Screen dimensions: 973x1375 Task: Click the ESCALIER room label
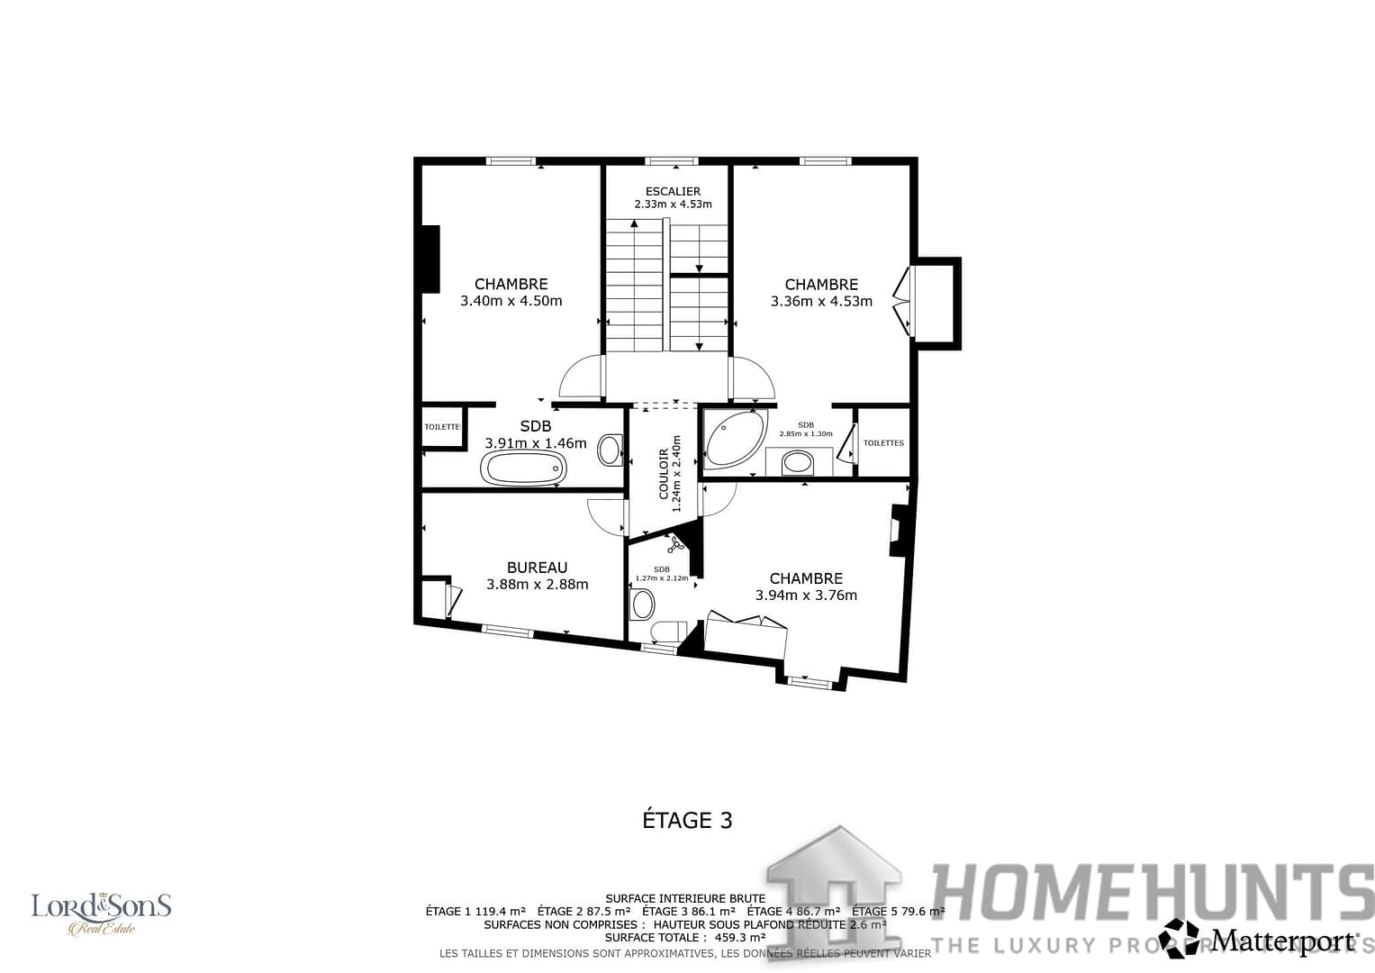pyautogui.click(x=673, y=191)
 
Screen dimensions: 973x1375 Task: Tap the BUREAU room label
pyautogui.click(x=537, y=568)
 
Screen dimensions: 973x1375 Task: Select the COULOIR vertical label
pyautogui.click(x=665, y=474)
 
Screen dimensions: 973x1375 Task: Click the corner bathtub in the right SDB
pyautogui.click(x=734, y=439)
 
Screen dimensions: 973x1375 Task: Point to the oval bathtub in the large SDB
pyautogui.click(x=524, y=468)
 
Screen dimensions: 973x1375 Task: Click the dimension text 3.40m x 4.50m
pyautogui.click(x=511, y=301)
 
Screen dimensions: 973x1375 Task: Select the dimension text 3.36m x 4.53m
pyautogui.click(x=821, y=301)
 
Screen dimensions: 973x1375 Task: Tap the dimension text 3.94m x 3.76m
pyautogui.click(x=806, y=595)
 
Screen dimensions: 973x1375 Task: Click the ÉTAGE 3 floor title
pyautogui.click(x=687, y=820)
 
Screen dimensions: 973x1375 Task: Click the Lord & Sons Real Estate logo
pyautogui.click(x=101, y=913)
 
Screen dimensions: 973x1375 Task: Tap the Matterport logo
pyautogui.click(x=1259, y=939)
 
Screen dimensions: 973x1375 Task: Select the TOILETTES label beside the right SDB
pyautogui.click(x=882, y=442)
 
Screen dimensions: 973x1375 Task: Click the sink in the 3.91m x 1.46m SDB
pyautogui.click(x=610, y=449)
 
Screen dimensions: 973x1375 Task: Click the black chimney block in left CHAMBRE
pyautogui.click(x=430, y=259)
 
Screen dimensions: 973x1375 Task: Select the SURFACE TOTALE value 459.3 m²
pyautogui.click(x=739, y=937)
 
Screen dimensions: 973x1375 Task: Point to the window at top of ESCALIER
pyautogui.click(x=671, y=161)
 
